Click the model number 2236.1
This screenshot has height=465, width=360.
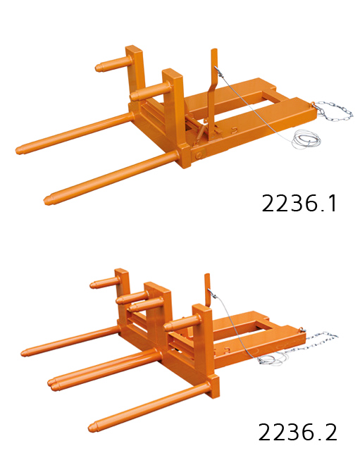(x=299, y=204)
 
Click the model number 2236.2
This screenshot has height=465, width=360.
(x=298, y=432)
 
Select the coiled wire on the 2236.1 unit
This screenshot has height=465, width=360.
(x=304, y=139)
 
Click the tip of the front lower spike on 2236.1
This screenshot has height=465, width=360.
(x=49, y=199)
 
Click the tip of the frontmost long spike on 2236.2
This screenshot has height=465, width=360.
(x=94, y=426)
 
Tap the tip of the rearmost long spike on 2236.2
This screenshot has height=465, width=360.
(x=26, y=352)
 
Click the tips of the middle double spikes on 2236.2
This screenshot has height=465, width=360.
(x=54, y=383)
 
